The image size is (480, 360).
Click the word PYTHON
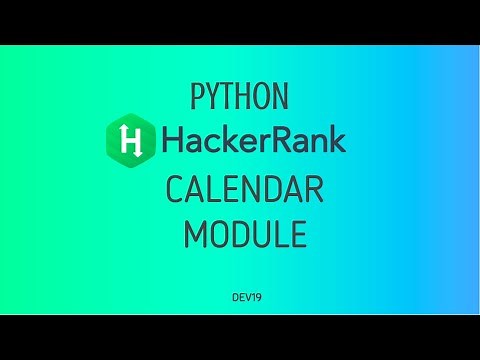click(240, 97)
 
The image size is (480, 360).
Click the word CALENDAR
click(244, 190)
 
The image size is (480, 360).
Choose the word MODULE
click(244, 233)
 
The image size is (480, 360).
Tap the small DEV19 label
click(244, 297)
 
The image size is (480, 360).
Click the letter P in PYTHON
click(197, 97)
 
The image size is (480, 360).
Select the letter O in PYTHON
click(262, 97)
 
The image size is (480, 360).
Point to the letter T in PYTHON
click(228, 97)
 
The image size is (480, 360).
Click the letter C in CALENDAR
click(176, 190)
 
